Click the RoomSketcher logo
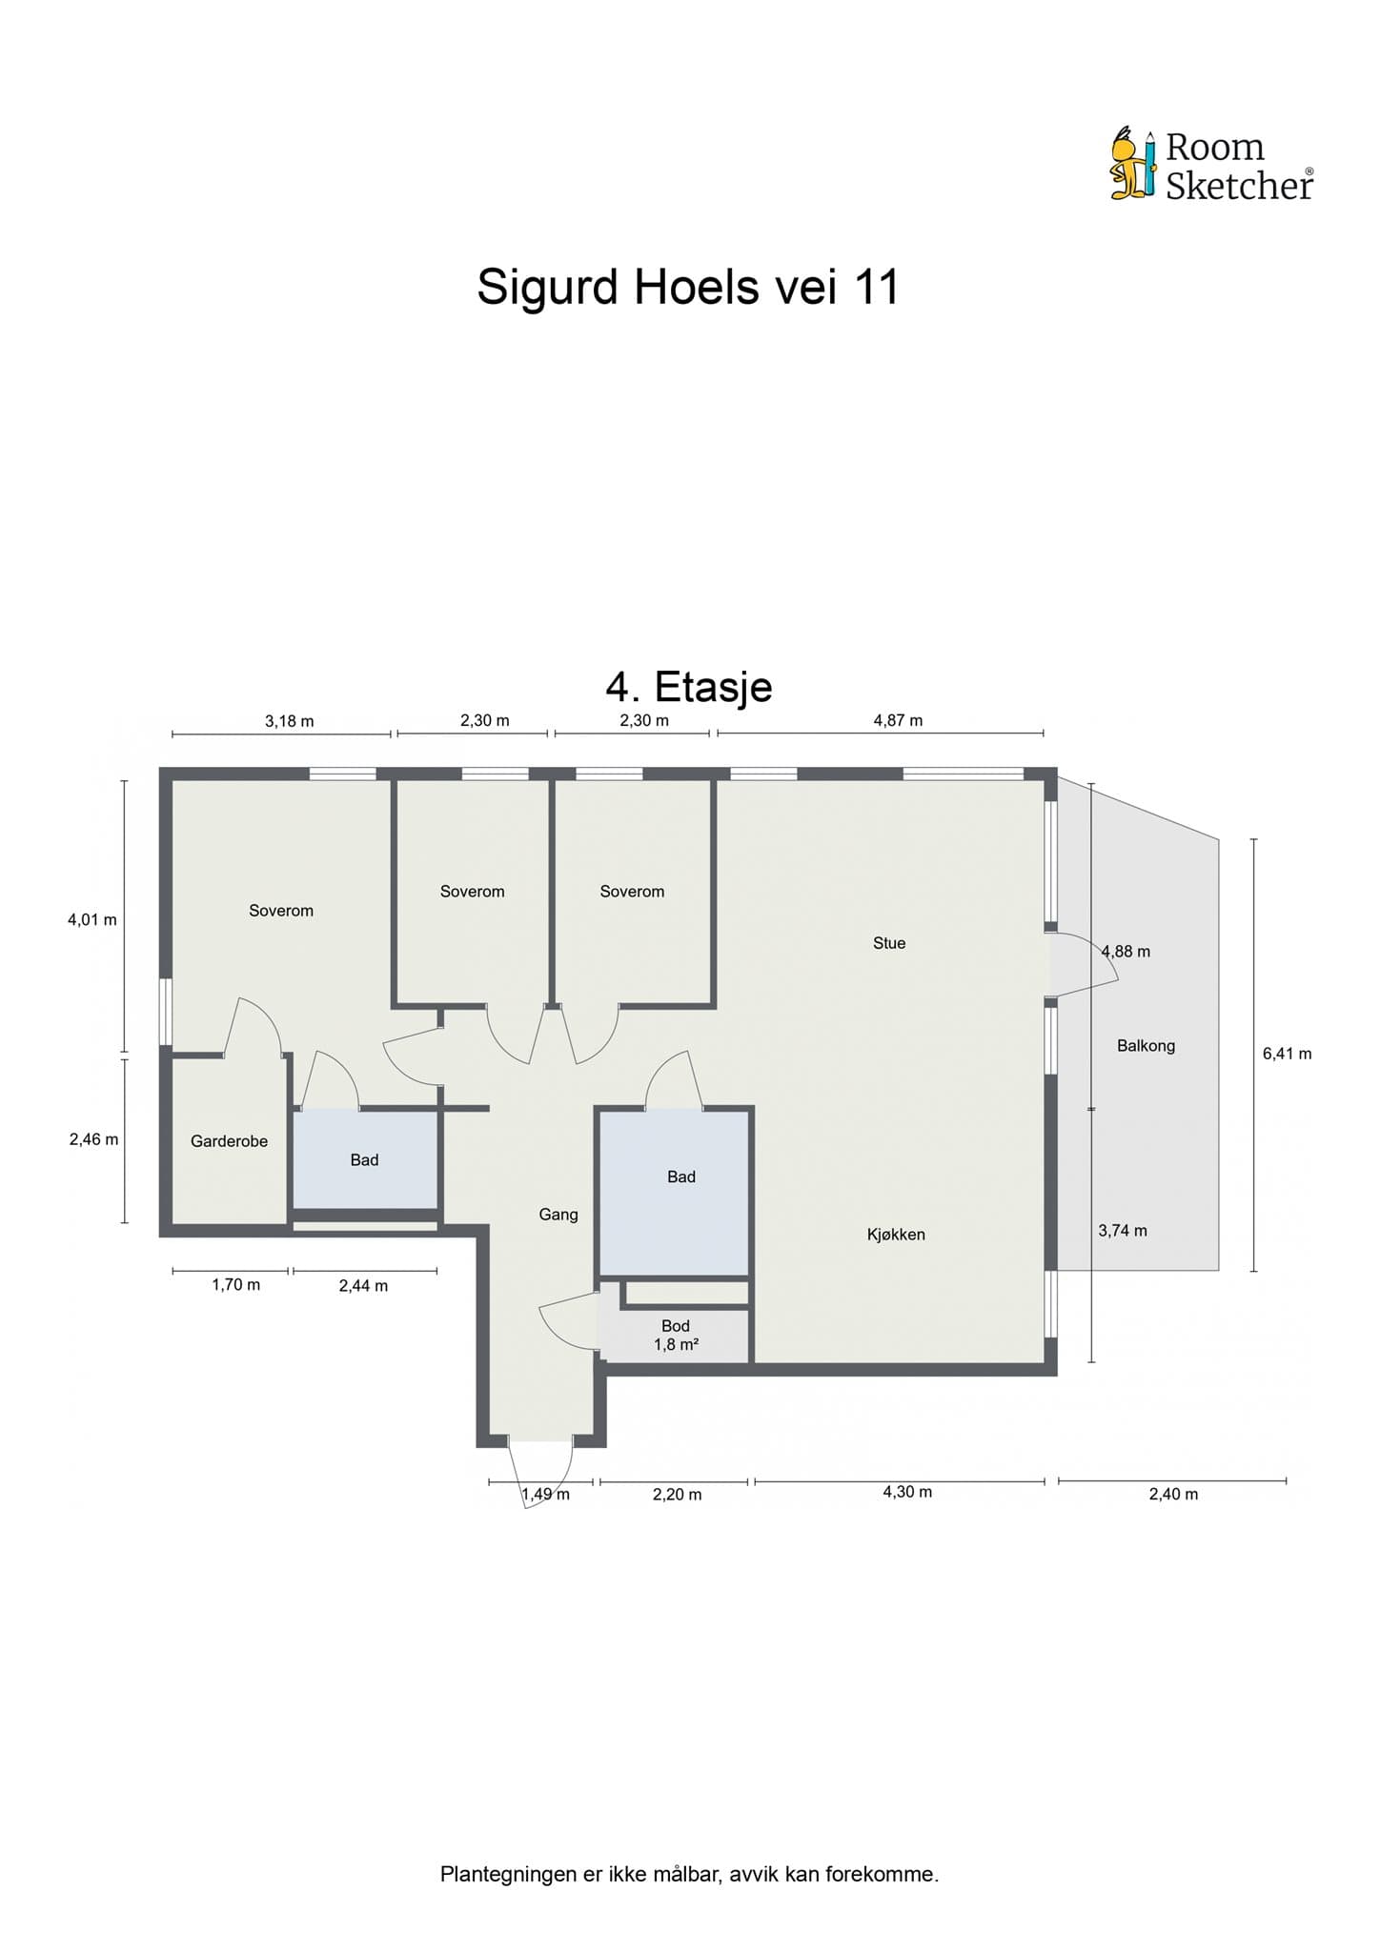pyautogui.click(x=1211, y=166)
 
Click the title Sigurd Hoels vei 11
pyautogui.click(x=688, y=287)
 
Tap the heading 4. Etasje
pyautogui.click(x=688, y=686)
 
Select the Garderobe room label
pyautogui.click(x=229, y=1141)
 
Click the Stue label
pyautogui.click(x=888, y=943)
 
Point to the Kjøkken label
pyautogui.click(x=896, y=1235)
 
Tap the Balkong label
pyautogui.click(x=1146, y=1046)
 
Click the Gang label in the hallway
pyautogui.click(x=558, y=1215)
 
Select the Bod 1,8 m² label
pyautogui.click(x=676, y=1336)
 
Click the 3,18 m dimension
pyautogui.click(x=289, y=721)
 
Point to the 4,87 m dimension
pyautogui.click(x=898, y=720)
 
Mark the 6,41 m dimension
pyautogui.click(x=1287, y=1054)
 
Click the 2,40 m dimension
pyautogui.click(x=1173, y=1494)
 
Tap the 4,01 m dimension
pyautogui.click(x=92, y=920)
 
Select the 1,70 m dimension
pyautogui.click(x=235, y=1285)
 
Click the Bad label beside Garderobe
pyautogui.click(x=364, y=1160)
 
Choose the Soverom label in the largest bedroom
pyautogui.click(x=281, y=911)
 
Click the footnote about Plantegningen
pyautogui.click(x=689, y=1875)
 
